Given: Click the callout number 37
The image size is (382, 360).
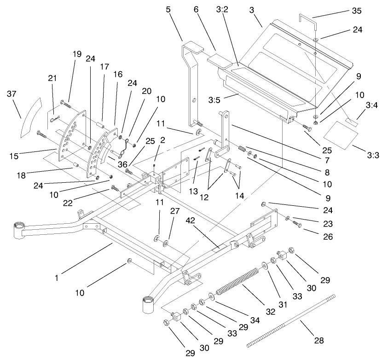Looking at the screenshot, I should click(11, 94).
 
